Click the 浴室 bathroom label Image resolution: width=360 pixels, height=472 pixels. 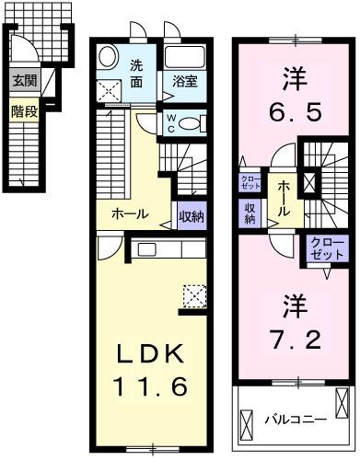(x=184, y=81)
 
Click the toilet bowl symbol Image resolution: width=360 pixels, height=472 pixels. (x=191, y=122)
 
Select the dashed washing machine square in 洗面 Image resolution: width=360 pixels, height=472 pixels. (x=110, y=88)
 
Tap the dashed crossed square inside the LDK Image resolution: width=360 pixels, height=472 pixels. (x=194, y=295)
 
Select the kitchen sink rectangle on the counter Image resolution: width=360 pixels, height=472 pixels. (x=146, y=248)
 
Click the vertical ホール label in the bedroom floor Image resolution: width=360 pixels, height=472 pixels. (x=284, y=198)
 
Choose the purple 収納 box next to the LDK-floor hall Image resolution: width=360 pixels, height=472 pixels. (x=191, y=216)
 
